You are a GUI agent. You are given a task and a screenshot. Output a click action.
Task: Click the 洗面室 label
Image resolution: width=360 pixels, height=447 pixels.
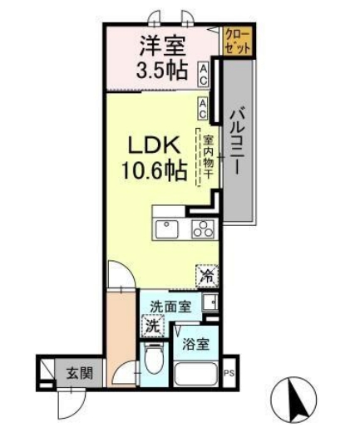pyautogui.click(x=170, y=305)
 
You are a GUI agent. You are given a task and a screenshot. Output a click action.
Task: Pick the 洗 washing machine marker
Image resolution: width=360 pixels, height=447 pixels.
pyautogui.click(x=152, y=326)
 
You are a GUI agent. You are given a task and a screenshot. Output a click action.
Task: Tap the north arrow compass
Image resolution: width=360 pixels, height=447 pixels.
pyautogui.click(x=297, y=400)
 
